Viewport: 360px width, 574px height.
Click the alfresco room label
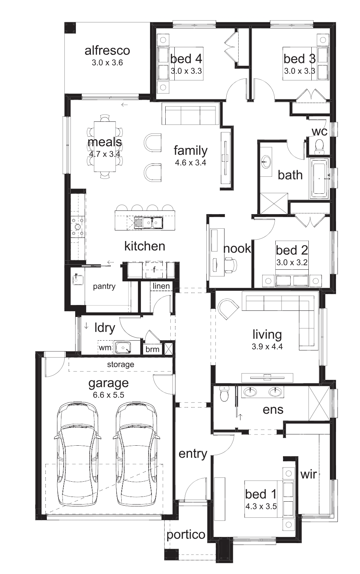tap(107, 51)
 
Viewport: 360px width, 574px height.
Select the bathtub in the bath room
tap(319, 178)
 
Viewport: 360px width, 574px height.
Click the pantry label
tap(104, 286)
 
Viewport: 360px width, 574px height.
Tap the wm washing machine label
tap(105, 348)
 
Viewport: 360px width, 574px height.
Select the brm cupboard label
tap(152, 349)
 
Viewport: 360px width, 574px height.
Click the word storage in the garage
tap(121, 365)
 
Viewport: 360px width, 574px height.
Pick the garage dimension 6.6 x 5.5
tap(109, 395)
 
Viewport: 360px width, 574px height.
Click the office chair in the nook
tap(231, 265)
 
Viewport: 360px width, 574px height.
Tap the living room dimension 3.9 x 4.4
tap(267, 347)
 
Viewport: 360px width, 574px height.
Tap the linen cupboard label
tap(161, 286)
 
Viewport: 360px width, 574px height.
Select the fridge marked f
tap(154, 270)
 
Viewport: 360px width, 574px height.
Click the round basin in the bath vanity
tap(266, 161)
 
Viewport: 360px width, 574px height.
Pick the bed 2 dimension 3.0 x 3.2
tap(292, 262)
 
